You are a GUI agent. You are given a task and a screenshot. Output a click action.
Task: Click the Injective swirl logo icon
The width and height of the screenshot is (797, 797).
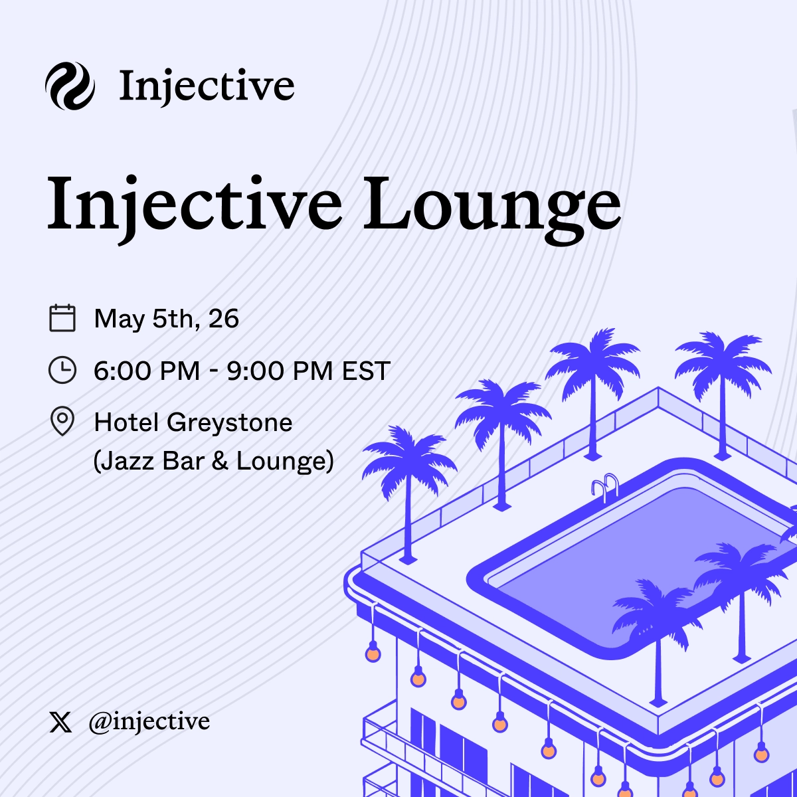70,86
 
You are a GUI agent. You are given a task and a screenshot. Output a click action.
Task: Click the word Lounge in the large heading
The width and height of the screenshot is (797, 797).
492,203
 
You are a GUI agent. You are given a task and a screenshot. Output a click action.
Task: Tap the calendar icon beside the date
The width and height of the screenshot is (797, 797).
62,318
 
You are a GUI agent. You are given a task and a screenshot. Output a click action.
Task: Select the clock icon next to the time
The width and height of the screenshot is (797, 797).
62,370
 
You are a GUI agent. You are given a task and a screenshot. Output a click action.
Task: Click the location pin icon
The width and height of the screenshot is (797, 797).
62,422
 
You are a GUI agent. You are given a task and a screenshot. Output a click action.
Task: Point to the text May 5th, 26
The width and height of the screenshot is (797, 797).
166,319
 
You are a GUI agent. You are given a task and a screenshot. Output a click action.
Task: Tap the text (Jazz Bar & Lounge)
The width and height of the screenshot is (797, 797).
213,461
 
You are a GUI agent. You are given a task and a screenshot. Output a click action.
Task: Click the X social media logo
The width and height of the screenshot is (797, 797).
61,722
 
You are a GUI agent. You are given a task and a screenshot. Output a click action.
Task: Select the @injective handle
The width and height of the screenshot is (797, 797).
149,721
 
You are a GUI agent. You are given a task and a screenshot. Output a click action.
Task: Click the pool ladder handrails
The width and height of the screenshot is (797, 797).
605,488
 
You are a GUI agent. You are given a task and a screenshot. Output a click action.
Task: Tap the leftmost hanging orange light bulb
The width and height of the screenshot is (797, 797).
373,654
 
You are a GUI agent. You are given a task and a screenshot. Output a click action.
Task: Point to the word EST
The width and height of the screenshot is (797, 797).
366,371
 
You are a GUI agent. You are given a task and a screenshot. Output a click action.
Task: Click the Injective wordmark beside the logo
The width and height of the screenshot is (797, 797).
207,86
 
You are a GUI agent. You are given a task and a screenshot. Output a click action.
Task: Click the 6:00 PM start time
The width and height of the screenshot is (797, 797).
147,371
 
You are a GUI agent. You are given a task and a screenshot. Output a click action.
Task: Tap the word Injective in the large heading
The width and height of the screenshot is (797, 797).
194,203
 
